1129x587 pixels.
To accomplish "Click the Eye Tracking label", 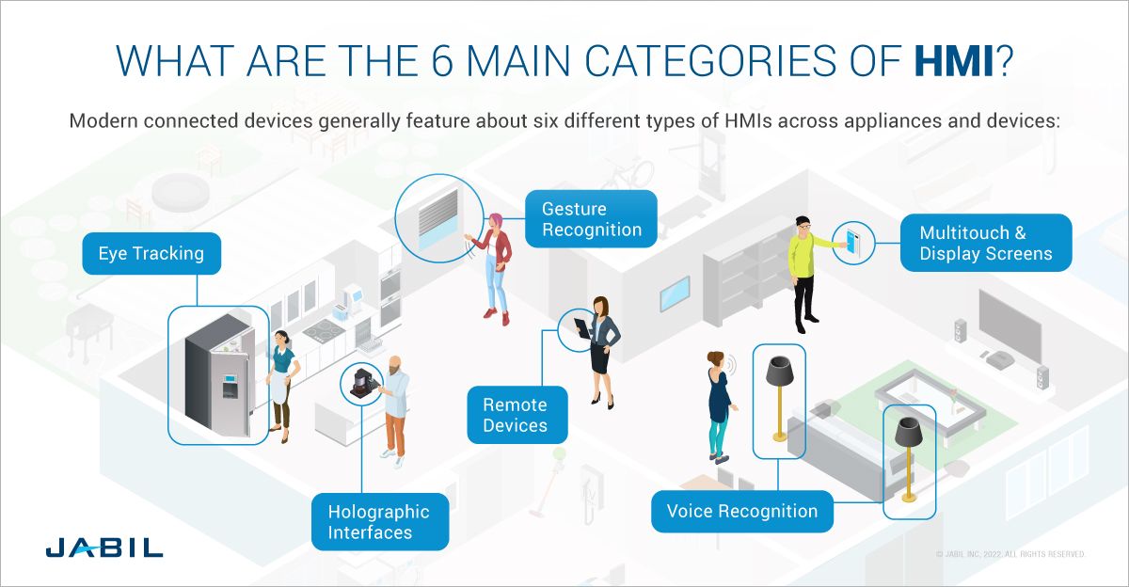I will click(x=151, y=253).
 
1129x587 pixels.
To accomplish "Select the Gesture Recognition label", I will click(x=592, y=219).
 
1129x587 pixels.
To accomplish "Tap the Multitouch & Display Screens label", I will click(x=986, y=243).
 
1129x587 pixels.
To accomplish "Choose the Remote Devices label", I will click(x=515, y=415).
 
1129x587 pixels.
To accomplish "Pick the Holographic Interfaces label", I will click(x=379, y=522).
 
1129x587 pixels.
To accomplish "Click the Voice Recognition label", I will click(x=742, y=512).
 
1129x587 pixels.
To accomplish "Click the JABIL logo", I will click(x=103, y=547).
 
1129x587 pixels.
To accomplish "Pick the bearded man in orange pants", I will click(x=396, y=408).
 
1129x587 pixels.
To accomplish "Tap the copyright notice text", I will click(x=1010, y=555).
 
